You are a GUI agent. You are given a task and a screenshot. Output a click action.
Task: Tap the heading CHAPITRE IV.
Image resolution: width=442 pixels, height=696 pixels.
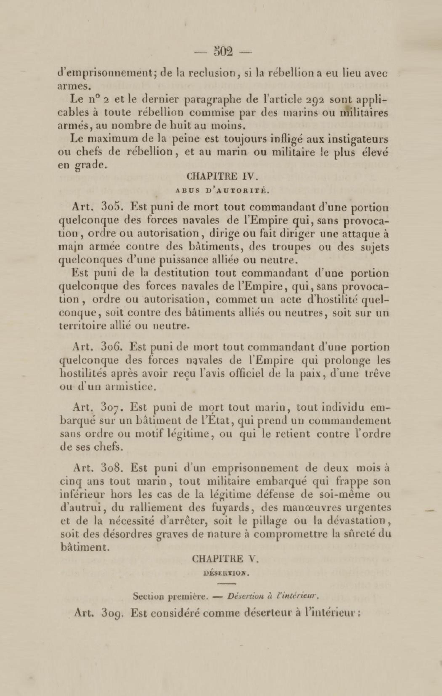[x=221, y=177]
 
